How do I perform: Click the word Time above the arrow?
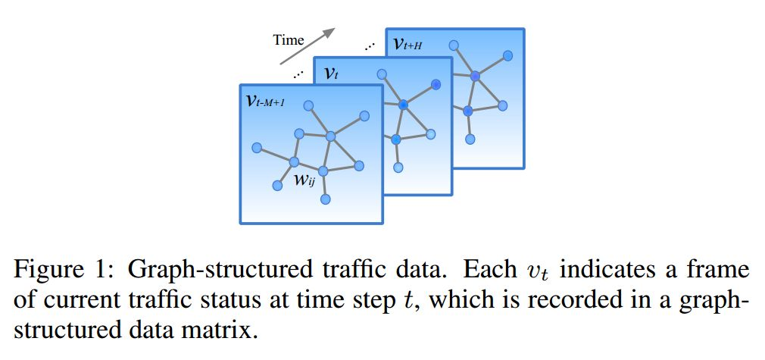tap(289, 40)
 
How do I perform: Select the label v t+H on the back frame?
tap(408, 43)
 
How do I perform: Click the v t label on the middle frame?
tap(331, 73)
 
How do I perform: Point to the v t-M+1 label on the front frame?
tap(266, 101)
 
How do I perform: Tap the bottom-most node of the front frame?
tap(326, 199)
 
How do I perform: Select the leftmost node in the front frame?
tap(257, 147)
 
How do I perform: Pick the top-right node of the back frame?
tap(507, 55)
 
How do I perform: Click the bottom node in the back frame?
tap(470, 139)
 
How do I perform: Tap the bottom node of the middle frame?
tap(398, 167)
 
